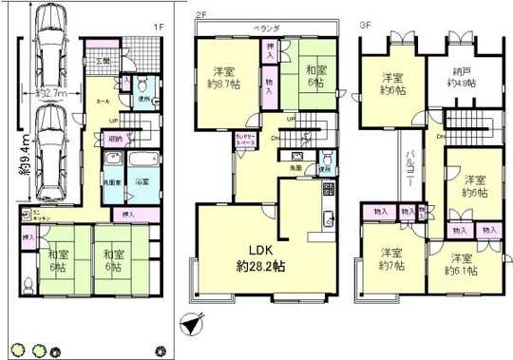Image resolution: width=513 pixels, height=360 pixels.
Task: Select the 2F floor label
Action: coord(200,15)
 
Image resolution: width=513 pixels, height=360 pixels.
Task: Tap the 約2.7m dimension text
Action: coord(52,94)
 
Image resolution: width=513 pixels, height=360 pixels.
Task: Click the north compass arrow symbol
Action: coord(193,323)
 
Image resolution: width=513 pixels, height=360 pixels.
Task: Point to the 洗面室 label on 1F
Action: coord(113,180)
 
